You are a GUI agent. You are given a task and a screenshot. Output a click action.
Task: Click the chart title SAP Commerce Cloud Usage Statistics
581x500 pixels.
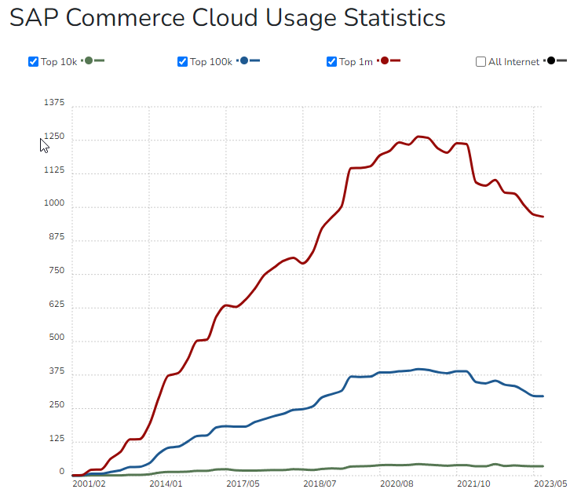point(227,18)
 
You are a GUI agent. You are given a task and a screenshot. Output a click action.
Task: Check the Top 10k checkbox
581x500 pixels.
point(33,61)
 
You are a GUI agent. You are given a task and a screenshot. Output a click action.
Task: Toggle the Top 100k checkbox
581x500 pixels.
point(182,61)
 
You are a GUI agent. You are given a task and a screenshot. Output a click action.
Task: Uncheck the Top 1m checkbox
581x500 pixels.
point(331,61)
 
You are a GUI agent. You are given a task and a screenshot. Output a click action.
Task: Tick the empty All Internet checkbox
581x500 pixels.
point(481,61)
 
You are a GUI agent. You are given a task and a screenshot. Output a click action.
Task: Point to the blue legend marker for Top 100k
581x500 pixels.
point(246,60)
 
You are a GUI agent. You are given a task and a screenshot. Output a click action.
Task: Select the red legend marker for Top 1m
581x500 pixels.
point(386,60)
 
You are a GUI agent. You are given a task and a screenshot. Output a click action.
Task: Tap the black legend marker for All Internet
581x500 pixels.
point(552,60)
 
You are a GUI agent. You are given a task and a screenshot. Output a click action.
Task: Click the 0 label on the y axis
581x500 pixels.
point(61,473)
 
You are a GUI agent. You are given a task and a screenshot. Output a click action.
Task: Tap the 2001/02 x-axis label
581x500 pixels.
point(88,485)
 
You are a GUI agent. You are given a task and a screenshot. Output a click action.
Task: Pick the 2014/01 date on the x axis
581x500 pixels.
point(165,485)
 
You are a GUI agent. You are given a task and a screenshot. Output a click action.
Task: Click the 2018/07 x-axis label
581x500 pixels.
point(320,485)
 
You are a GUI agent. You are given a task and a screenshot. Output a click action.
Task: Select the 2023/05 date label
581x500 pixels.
point(550,485)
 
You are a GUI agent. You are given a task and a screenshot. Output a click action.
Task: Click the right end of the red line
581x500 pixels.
point(543,217)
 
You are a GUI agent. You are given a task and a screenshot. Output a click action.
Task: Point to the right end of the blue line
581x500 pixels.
point(543,396)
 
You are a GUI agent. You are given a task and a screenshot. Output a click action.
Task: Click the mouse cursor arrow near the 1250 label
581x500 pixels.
point(44,144)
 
